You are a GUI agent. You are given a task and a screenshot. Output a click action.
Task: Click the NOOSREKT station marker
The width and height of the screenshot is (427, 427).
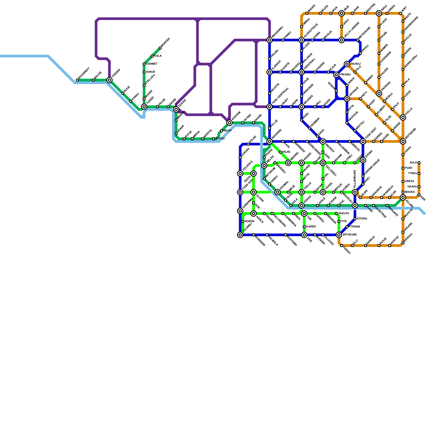click(x=77, y=80)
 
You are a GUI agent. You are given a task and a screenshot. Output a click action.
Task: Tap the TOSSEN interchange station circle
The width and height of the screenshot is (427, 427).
click(x=109, y=80)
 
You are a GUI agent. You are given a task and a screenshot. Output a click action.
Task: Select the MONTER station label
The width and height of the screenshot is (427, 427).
click(x=166, y=43)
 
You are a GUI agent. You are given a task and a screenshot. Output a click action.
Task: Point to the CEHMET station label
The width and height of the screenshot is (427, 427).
click(x=152, y=64)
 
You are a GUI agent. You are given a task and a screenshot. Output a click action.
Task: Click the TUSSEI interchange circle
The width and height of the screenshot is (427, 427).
click(x=144, y=107)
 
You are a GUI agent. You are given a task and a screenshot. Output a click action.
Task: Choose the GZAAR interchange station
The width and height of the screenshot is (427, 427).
click(x=176, y=109)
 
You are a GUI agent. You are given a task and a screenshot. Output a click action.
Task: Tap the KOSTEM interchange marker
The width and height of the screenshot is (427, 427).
click(x=230, y=123)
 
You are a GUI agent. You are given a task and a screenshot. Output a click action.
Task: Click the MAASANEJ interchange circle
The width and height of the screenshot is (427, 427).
click(x=270, y=40)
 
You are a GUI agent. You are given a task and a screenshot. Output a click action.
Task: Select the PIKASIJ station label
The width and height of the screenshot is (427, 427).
click(x=345, y=74)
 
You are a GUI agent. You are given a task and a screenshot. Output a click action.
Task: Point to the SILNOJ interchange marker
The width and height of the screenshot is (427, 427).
click(x=347, y=64)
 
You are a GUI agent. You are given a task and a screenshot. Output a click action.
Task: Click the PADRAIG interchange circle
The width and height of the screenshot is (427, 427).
click(x=379, y=93)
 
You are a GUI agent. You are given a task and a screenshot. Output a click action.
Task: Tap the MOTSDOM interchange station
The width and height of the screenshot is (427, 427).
click(x=403, y=141)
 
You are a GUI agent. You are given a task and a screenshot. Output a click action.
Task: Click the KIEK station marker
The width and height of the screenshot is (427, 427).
click(x=419, y=195)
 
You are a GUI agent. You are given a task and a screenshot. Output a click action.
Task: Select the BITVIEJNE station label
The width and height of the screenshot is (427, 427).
click(x=350, y=235)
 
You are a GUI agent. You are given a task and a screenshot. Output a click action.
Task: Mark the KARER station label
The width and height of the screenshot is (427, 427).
click(x=311, y=227)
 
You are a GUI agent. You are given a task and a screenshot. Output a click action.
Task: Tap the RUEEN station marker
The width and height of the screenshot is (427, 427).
click(x=243, y=222)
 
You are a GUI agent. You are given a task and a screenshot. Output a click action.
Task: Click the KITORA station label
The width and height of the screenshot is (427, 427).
click(x=362, y=219)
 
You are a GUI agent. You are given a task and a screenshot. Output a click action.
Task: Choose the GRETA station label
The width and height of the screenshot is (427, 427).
click(x=409, y=181)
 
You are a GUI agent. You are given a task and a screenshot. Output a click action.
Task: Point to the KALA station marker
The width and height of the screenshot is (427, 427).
click(x=152, y=56)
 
